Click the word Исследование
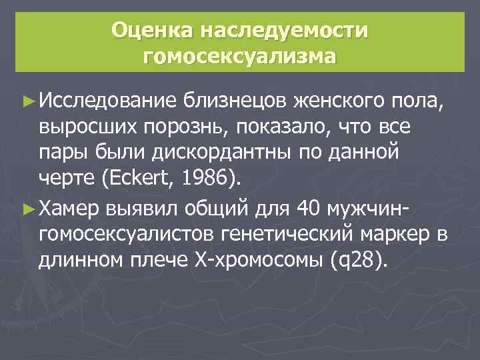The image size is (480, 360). coord(107,101)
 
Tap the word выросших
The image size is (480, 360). coord(83,127)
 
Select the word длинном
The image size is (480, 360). coord(81,261)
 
